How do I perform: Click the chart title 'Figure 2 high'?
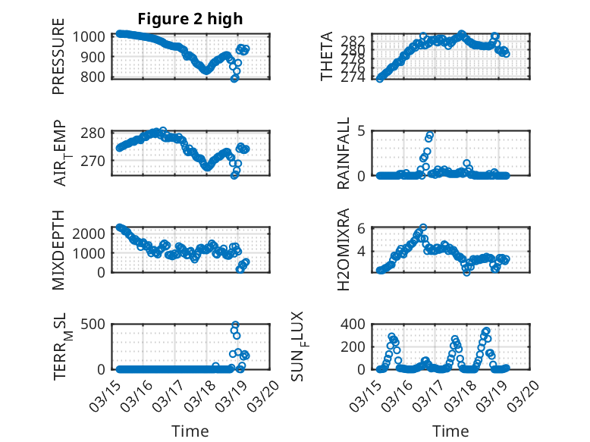coord(190,19)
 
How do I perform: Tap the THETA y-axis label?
coord(327,57)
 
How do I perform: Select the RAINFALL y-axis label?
coord(344,153)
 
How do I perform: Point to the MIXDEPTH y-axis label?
coord(58,249)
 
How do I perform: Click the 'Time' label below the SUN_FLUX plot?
coord(450,431)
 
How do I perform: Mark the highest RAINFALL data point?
coord(430,136)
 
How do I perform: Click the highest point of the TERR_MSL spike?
coord(235,325)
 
